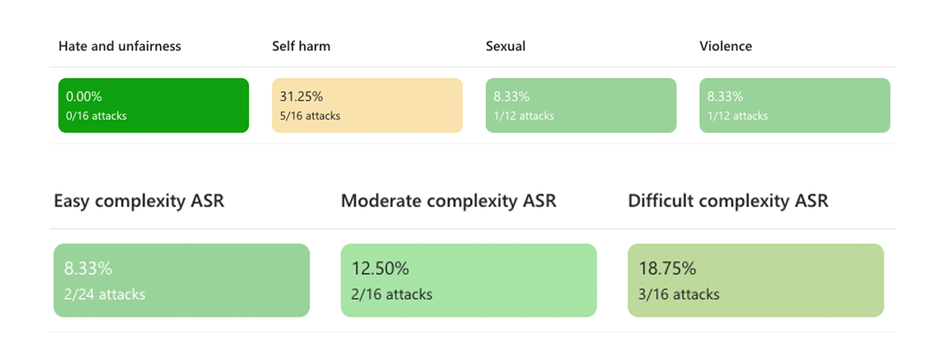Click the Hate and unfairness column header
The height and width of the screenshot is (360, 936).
pos(120,46)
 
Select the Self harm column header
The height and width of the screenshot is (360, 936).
pos(301,46)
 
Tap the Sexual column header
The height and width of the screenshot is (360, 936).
pos(505,46)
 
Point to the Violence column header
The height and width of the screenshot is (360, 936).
pos(726,46)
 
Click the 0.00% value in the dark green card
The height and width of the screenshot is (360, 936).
pos(84,96)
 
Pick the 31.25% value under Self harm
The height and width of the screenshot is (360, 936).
pos(301,96)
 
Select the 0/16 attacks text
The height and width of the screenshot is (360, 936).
pos(96,116)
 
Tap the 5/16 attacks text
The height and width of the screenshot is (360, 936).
pos(310,116)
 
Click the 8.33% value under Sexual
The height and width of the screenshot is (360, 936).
pos(511,96)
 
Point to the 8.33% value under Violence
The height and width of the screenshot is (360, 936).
pos(725,96)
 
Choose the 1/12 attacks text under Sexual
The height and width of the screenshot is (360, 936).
pos(523,116)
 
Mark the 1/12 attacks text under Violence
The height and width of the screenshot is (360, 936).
pos(737,116)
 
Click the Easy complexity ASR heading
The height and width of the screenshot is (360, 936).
pos(139,202)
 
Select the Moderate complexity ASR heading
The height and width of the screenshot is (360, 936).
pos(449,202)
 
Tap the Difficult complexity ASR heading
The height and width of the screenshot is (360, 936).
pos(728,202)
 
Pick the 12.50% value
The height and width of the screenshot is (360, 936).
pos(380,268)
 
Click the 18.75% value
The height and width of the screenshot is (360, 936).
pos(667,268)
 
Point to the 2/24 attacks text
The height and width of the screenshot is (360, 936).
pos(104,294)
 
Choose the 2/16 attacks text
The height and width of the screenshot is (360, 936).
pos(392,294)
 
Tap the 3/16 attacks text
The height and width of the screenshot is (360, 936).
pos(678,294)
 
